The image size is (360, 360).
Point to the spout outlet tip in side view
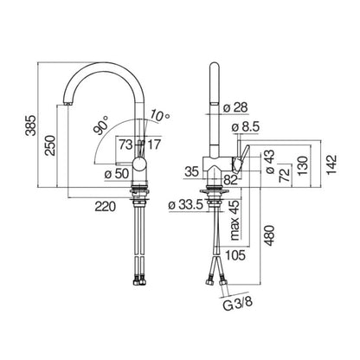tap(67, 106)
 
